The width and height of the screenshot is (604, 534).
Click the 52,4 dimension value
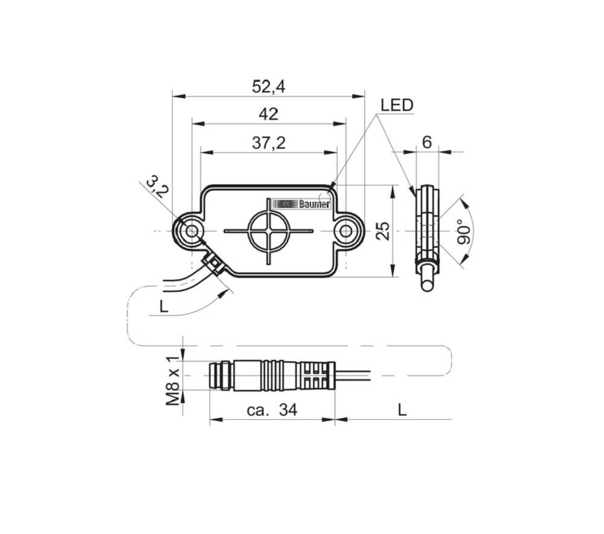(269, 87)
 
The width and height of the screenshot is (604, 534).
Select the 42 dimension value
(269, 114)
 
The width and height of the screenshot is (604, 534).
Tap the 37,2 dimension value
(269, 143)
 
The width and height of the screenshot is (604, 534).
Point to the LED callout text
(397, 105)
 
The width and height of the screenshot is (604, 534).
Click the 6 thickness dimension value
(427, 143)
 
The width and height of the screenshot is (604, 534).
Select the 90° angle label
(464, 231)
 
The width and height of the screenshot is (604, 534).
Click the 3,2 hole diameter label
(158, 186)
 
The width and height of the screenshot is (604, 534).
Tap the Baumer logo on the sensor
(301, 204)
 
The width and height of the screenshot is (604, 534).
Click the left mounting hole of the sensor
(192, 231)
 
